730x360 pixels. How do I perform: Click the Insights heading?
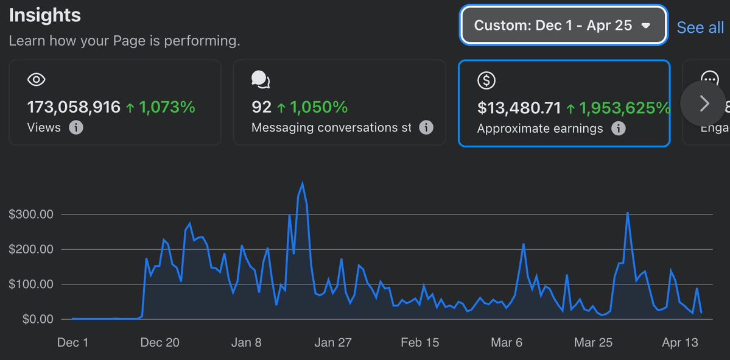44,15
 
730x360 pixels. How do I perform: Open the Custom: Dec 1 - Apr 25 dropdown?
563,26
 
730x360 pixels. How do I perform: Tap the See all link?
700,27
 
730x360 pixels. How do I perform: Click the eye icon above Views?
37,80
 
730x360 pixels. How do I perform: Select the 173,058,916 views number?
74,108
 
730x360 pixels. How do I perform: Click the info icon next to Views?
76,128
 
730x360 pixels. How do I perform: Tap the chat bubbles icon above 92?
261,80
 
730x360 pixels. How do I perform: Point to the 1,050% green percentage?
318,108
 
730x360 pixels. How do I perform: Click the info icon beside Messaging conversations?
426,128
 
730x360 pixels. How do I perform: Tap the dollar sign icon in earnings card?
486,80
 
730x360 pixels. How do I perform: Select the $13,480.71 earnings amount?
519,108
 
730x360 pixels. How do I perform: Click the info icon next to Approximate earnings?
618,129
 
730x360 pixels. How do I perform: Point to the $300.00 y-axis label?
31,214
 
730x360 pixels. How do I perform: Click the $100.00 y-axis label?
31,284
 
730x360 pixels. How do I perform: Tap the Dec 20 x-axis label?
160,343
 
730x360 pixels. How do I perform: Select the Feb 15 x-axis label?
419,343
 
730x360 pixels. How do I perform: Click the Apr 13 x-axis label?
679,343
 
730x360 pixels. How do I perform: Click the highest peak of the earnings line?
303,183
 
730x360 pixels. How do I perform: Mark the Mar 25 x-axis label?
593,343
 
